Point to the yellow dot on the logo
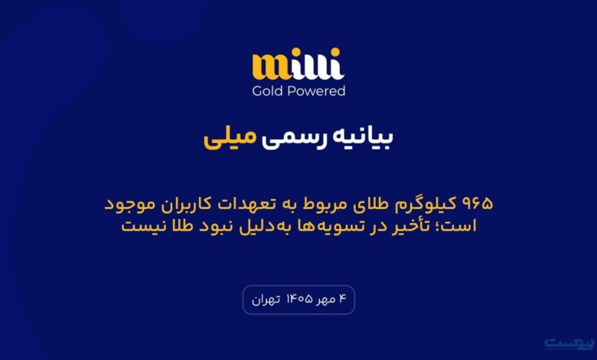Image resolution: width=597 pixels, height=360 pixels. (335, 53)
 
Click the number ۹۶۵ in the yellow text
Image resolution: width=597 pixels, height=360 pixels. (477, 204)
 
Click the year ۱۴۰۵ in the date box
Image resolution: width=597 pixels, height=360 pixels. (299, 299)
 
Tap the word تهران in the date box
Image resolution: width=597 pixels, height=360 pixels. (266, 300)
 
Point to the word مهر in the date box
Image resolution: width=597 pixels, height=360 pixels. (325, 300)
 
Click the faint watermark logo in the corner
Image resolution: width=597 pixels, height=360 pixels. (569, 343)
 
